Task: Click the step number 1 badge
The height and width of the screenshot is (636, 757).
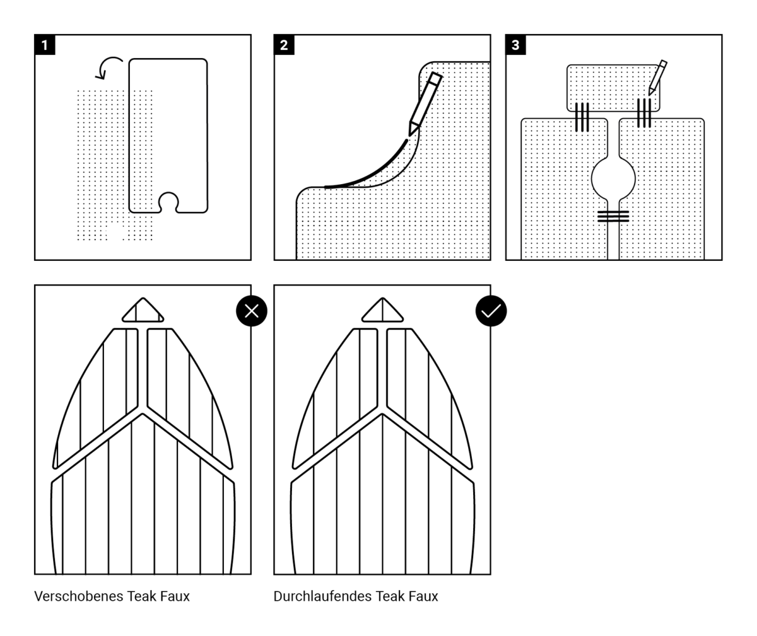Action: click(x=44, y=45)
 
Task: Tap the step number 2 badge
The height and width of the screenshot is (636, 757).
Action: click(x=284, y=45)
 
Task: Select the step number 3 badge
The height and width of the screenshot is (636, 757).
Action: click(x=515, y=45)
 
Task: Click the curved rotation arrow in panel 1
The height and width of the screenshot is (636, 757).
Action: click(x=110, y=67)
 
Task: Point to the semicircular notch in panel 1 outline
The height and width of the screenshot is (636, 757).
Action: click(x=168, y=203)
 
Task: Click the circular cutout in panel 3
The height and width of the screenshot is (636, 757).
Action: click(x=613, y=178)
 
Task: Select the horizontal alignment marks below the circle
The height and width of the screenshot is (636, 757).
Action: click(x=613, y=216)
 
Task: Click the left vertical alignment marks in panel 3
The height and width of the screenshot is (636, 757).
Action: click(x=582, y=117)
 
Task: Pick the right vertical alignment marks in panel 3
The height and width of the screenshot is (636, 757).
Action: click(x=643, y=113)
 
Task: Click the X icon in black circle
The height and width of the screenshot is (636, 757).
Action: click(x=252, y=311)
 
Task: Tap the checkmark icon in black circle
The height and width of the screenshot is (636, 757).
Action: click(x=491, y=311)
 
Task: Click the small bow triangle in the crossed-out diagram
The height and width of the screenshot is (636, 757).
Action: click(x=143, y=311)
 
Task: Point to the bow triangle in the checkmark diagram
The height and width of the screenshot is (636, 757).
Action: click(x=382, y=311)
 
